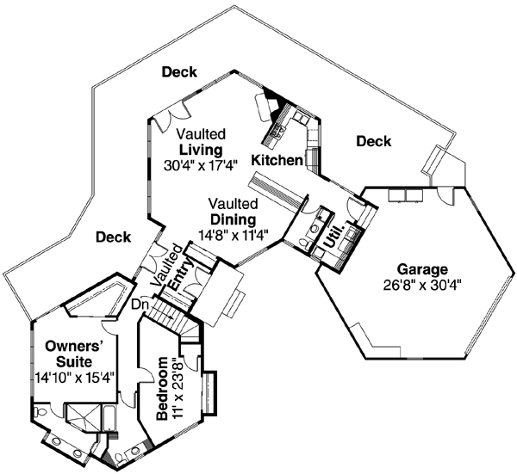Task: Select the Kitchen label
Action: [277, 160]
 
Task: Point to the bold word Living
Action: [202, 151]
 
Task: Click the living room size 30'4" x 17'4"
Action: [202, 166]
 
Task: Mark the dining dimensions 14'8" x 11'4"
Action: [233, 234]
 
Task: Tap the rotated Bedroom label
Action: [162, 392]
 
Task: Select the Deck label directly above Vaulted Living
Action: [180, 72]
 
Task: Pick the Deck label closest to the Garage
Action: [373, 140]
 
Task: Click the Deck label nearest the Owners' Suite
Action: [113, 237]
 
